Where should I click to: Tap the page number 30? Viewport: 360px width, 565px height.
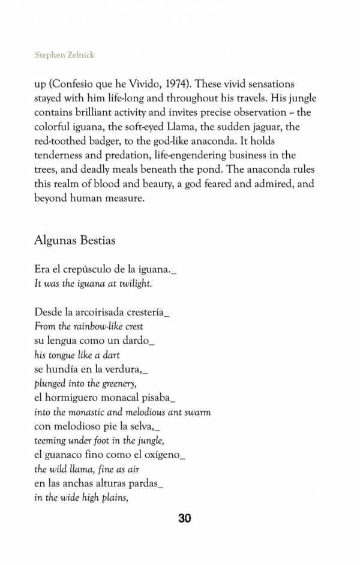pyautogui.click(x=185, y=518)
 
